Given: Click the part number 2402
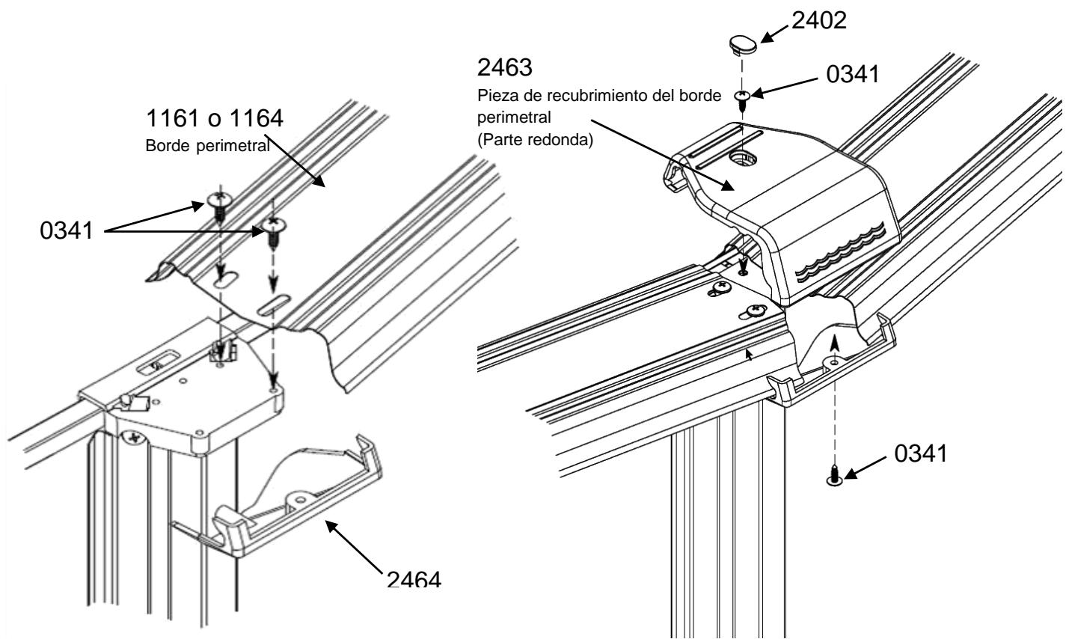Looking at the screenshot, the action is [x=819, y=20].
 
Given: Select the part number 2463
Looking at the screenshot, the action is [x=504, y=67].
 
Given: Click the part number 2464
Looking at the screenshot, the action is [x=414, y=579].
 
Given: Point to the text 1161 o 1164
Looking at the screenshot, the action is [x=215, y=118].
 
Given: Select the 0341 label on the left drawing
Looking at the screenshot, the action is [x=66, y=231].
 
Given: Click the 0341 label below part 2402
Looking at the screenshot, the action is [x=852, y=75].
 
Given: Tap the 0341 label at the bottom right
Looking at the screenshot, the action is [x=921, y=453].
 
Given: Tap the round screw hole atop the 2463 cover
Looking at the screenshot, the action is [x=741, y=158].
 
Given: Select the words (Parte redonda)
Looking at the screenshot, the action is [x=536, y=141].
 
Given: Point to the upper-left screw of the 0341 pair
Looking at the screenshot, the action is [x=219, y=206].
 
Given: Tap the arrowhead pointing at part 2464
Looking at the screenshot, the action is [x=332, y=527].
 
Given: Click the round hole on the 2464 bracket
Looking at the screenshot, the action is [x=299, y=499].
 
